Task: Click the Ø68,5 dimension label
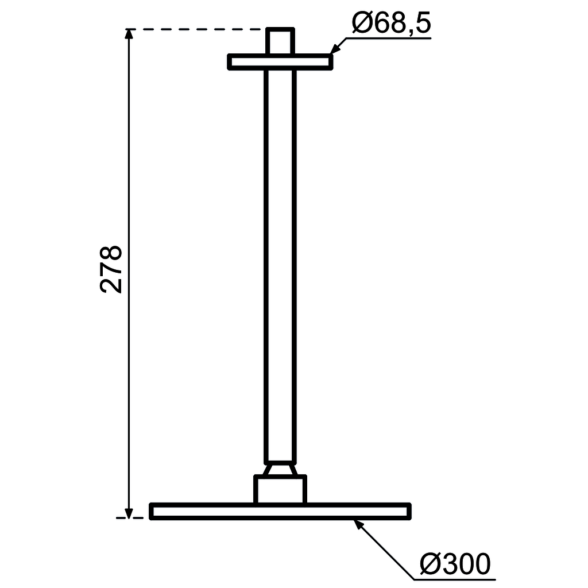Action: point(392,22)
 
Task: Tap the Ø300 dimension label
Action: point(455,564)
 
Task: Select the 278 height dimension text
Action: point(111,269)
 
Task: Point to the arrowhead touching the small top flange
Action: point(335,48)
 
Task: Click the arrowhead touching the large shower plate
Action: point(359,525)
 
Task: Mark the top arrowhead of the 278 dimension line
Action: point(129,34)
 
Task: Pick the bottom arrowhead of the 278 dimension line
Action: point(129,513)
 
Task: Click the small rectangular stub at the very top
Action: point(280,41)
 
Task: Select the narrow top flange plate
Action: point(280,62)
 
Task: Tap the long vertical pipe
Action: point(280,266)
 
